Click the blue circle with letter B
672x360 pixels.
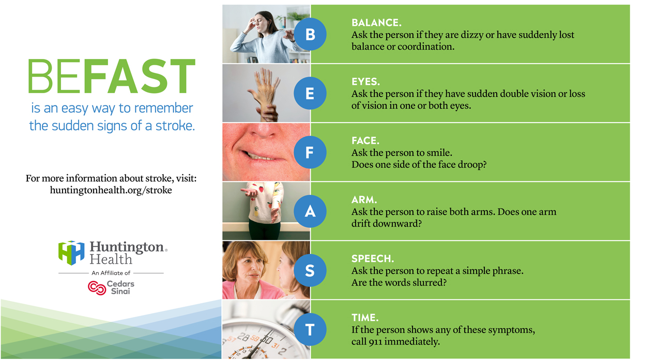pos(310,34)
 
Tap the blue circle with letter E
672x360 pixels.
pos(310,94)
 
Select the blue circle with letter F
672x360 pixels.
pos(310,152)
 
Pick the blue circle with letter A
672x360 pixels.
pos(310,212)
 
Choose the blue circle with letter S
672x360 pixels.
pos(310,270)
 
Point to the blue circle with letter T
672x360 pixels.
pos(310,329)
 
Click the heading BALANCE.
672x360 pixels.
pos(376,23)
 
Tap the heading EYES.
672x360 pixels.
pos(365,82)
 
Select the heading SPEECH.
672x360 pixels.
pos(373,259)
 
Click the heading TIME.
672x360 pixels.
pos(365,318)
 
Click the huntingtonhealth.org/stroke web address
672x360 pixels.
pos(111,190)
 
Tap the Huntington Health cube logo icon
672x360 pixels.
pos(71,253)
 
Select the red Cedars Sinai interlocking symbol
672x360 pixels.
pos(97,288)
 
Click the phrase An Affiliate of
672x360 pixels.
pos(111,273)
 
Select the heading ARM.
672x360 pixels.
pos(364,200)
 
